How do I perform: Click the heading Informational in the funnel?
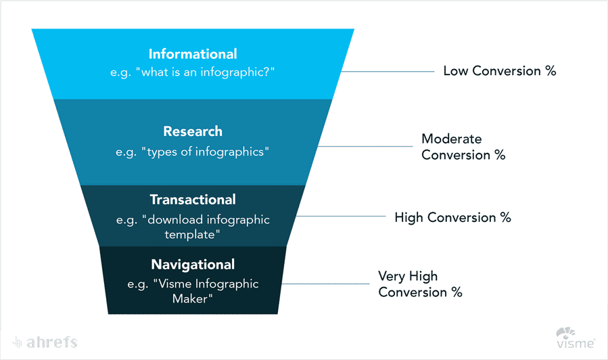193,54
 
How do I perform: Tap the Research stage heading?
193,131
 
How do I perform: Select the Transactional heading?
193,200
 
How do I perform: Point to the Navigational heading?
193,265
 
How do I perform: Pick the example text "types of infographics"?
193,152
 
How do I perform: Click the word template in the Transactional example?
193,234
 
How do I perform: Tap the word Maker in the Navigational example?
193,298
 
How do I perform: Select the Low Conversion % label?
499,71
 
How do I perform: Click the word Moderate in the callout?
452,139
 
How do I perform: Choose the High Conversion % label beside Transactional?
452,218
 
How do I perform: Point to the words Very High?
408,276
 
